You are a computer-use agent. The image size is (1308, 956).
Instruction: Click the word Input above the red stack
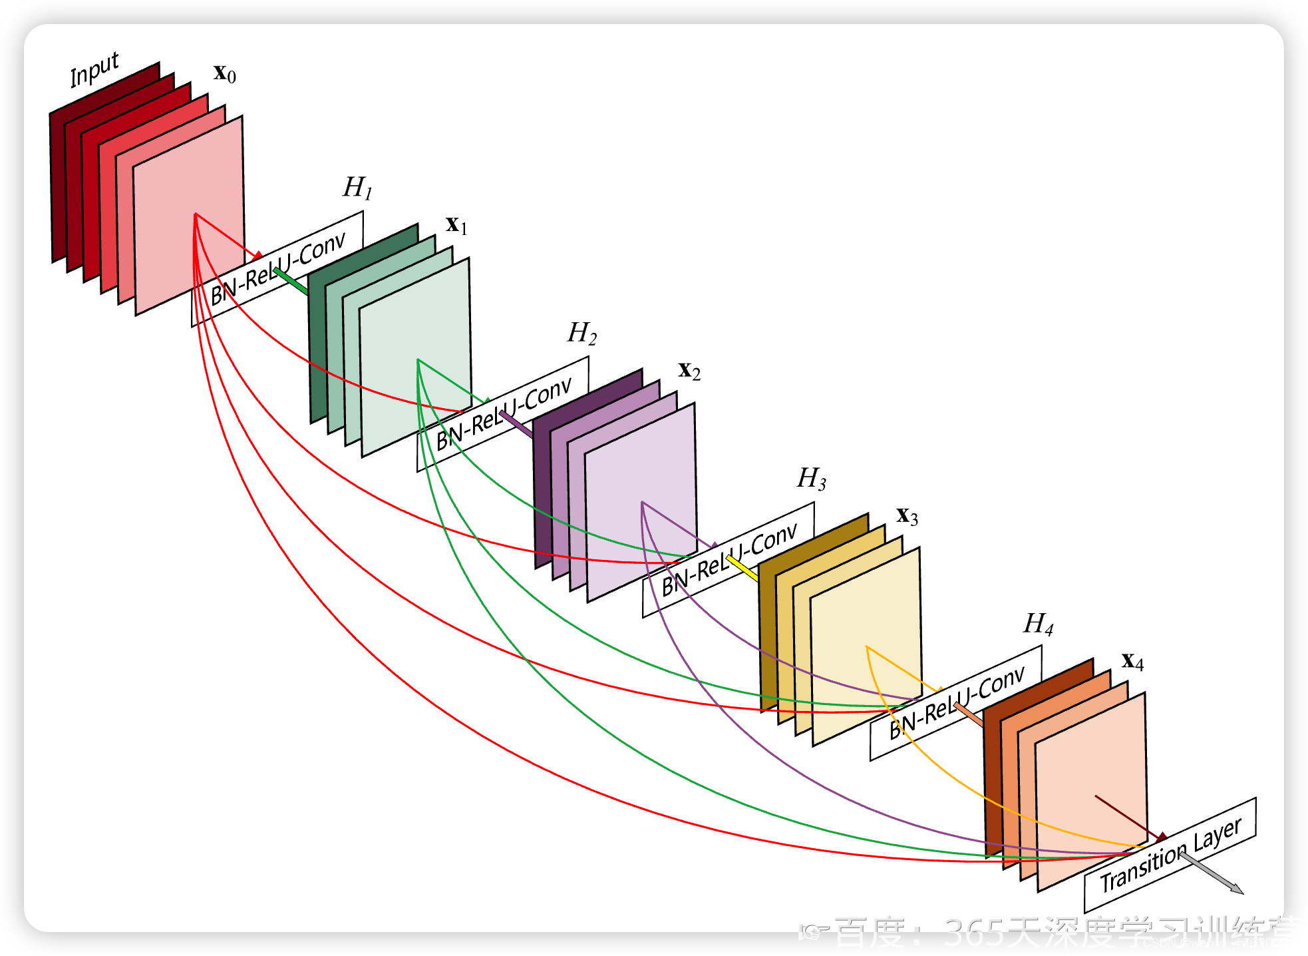(94, 69)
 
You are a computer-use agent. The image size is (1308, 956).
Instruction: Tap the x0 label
(224, 73)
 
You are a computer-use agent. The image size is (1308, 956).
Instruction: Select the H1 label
(357, 188)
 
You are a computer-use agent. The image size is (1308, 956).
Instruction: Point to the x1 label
(456, 224)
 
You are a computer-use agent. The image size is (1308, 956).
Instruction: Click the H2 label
(581, 333)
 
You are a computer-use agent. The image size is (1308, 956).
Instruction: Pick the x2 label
(689, 370)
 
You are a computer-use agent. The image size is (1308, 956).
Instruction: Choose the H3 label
(812, 478)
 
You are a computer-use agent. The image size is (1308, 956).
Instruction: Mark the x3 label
(907, 515)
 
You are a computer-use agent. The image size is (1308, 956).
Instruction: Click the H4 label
(1038, 624)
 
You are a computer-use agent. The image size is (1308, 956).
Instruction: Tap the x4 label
(1132, 661)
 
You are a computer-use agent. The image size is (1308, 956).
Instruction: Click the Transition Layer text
(1170, 855)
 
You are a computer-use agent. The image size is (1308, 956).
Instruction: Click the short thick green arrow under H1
(291, 281)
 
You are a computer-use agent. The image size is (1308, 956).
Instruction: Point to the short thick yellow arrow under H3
(742, 568)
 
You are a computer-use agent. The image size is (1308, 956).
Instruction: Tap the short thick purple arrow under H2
(516, 424)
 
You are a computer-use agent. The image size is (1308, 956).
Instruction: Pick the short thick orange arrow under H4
(968, 714)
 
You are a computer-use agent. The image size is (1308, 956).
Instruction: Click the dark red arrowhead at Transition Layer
(1161, 837)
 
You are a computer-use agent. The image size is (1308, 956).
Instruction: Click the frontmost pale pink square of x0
(189, 213)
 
